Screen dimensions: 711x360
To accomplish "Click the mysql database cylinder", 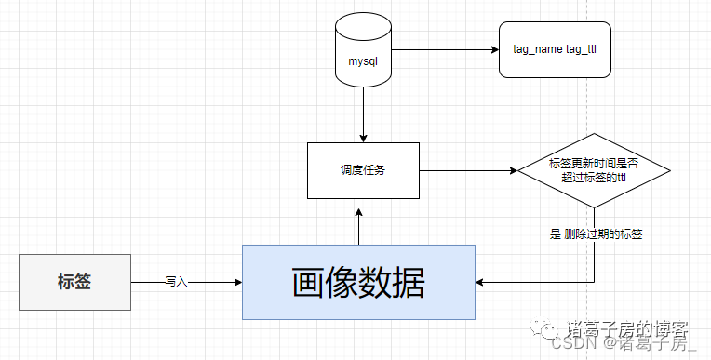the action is tap(363, 50).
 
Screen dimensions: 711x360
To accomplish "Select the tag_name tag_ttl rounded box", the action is tap(555, 50).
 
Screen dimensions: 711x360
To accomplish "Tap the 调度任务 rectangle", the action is tap(363, 170).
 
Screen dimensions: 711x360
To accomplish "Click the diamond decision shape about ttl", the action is tap(594, 170).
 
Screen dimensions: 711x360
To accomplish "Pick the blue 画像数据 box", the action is tap(358, 282).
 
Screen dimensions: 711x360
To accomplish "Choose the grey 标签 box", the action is tap(74, 282).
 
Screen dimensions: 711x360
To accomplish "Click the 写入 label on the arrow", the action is tap(177, 282).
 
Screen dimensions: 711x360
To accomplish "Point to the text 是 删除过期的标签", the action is tap(597, 234).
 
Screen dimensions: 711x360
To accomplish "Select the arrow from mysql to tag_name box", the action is tap(445, 50).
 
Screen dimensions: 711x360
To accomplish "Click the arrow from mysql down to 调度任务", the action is tap(363, 114).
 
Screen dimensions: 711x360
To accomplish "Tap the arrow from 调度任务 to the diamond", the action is tap(468, 170).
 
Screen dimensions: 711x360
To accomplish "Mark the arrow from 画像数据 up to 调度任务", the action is tap(358, 227).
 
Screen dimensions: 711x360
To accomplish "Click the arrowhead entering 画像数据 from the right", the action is tap(479, 282).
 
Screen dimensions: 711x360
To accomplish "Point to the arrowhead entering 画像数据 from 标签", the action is tap(238, 282).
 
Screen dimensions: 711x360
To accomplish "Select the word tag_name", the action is tap(538, 49).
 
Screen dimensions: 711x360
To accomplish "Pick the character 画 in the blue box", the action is tap(308, 282).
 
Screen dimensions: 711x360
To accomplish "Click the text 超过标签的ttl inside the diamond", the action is tap(594, 178).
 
